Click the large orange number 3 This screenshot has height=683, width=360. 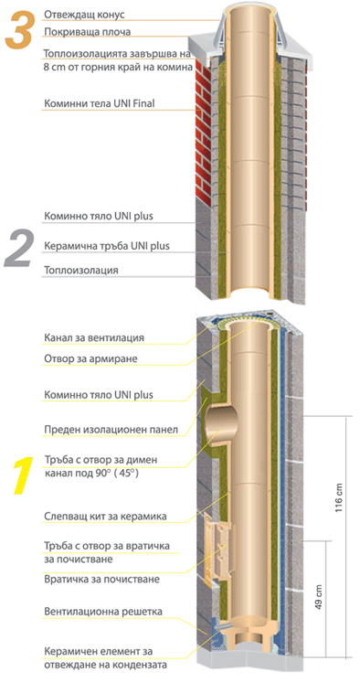click(19, 29)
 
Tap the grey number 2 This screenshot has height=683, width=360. click(18, 249)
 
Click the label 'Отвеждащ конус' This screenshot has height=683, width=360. click(84, 15)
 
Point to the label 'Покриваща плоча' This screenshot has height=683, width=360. click(87, 32)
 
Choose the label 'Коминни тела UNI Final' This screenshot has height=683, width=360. click(100, 104)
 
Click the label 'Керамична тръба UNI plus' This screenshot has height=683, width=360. click(107, 246)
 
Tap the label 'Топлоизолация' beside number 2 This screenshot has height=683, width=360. click(81, 270)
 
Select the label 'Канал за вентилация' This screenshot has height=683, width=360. click(94, 338)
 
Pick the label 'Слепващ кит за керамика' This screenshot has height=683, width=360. click(105, 517)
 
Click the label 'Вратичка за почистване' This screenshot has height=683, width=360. click(101, 580)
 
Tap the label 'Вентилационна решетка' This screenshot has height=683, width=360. click(103, 612)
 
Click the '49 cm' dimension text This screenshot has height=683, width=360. click(319, 597)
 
